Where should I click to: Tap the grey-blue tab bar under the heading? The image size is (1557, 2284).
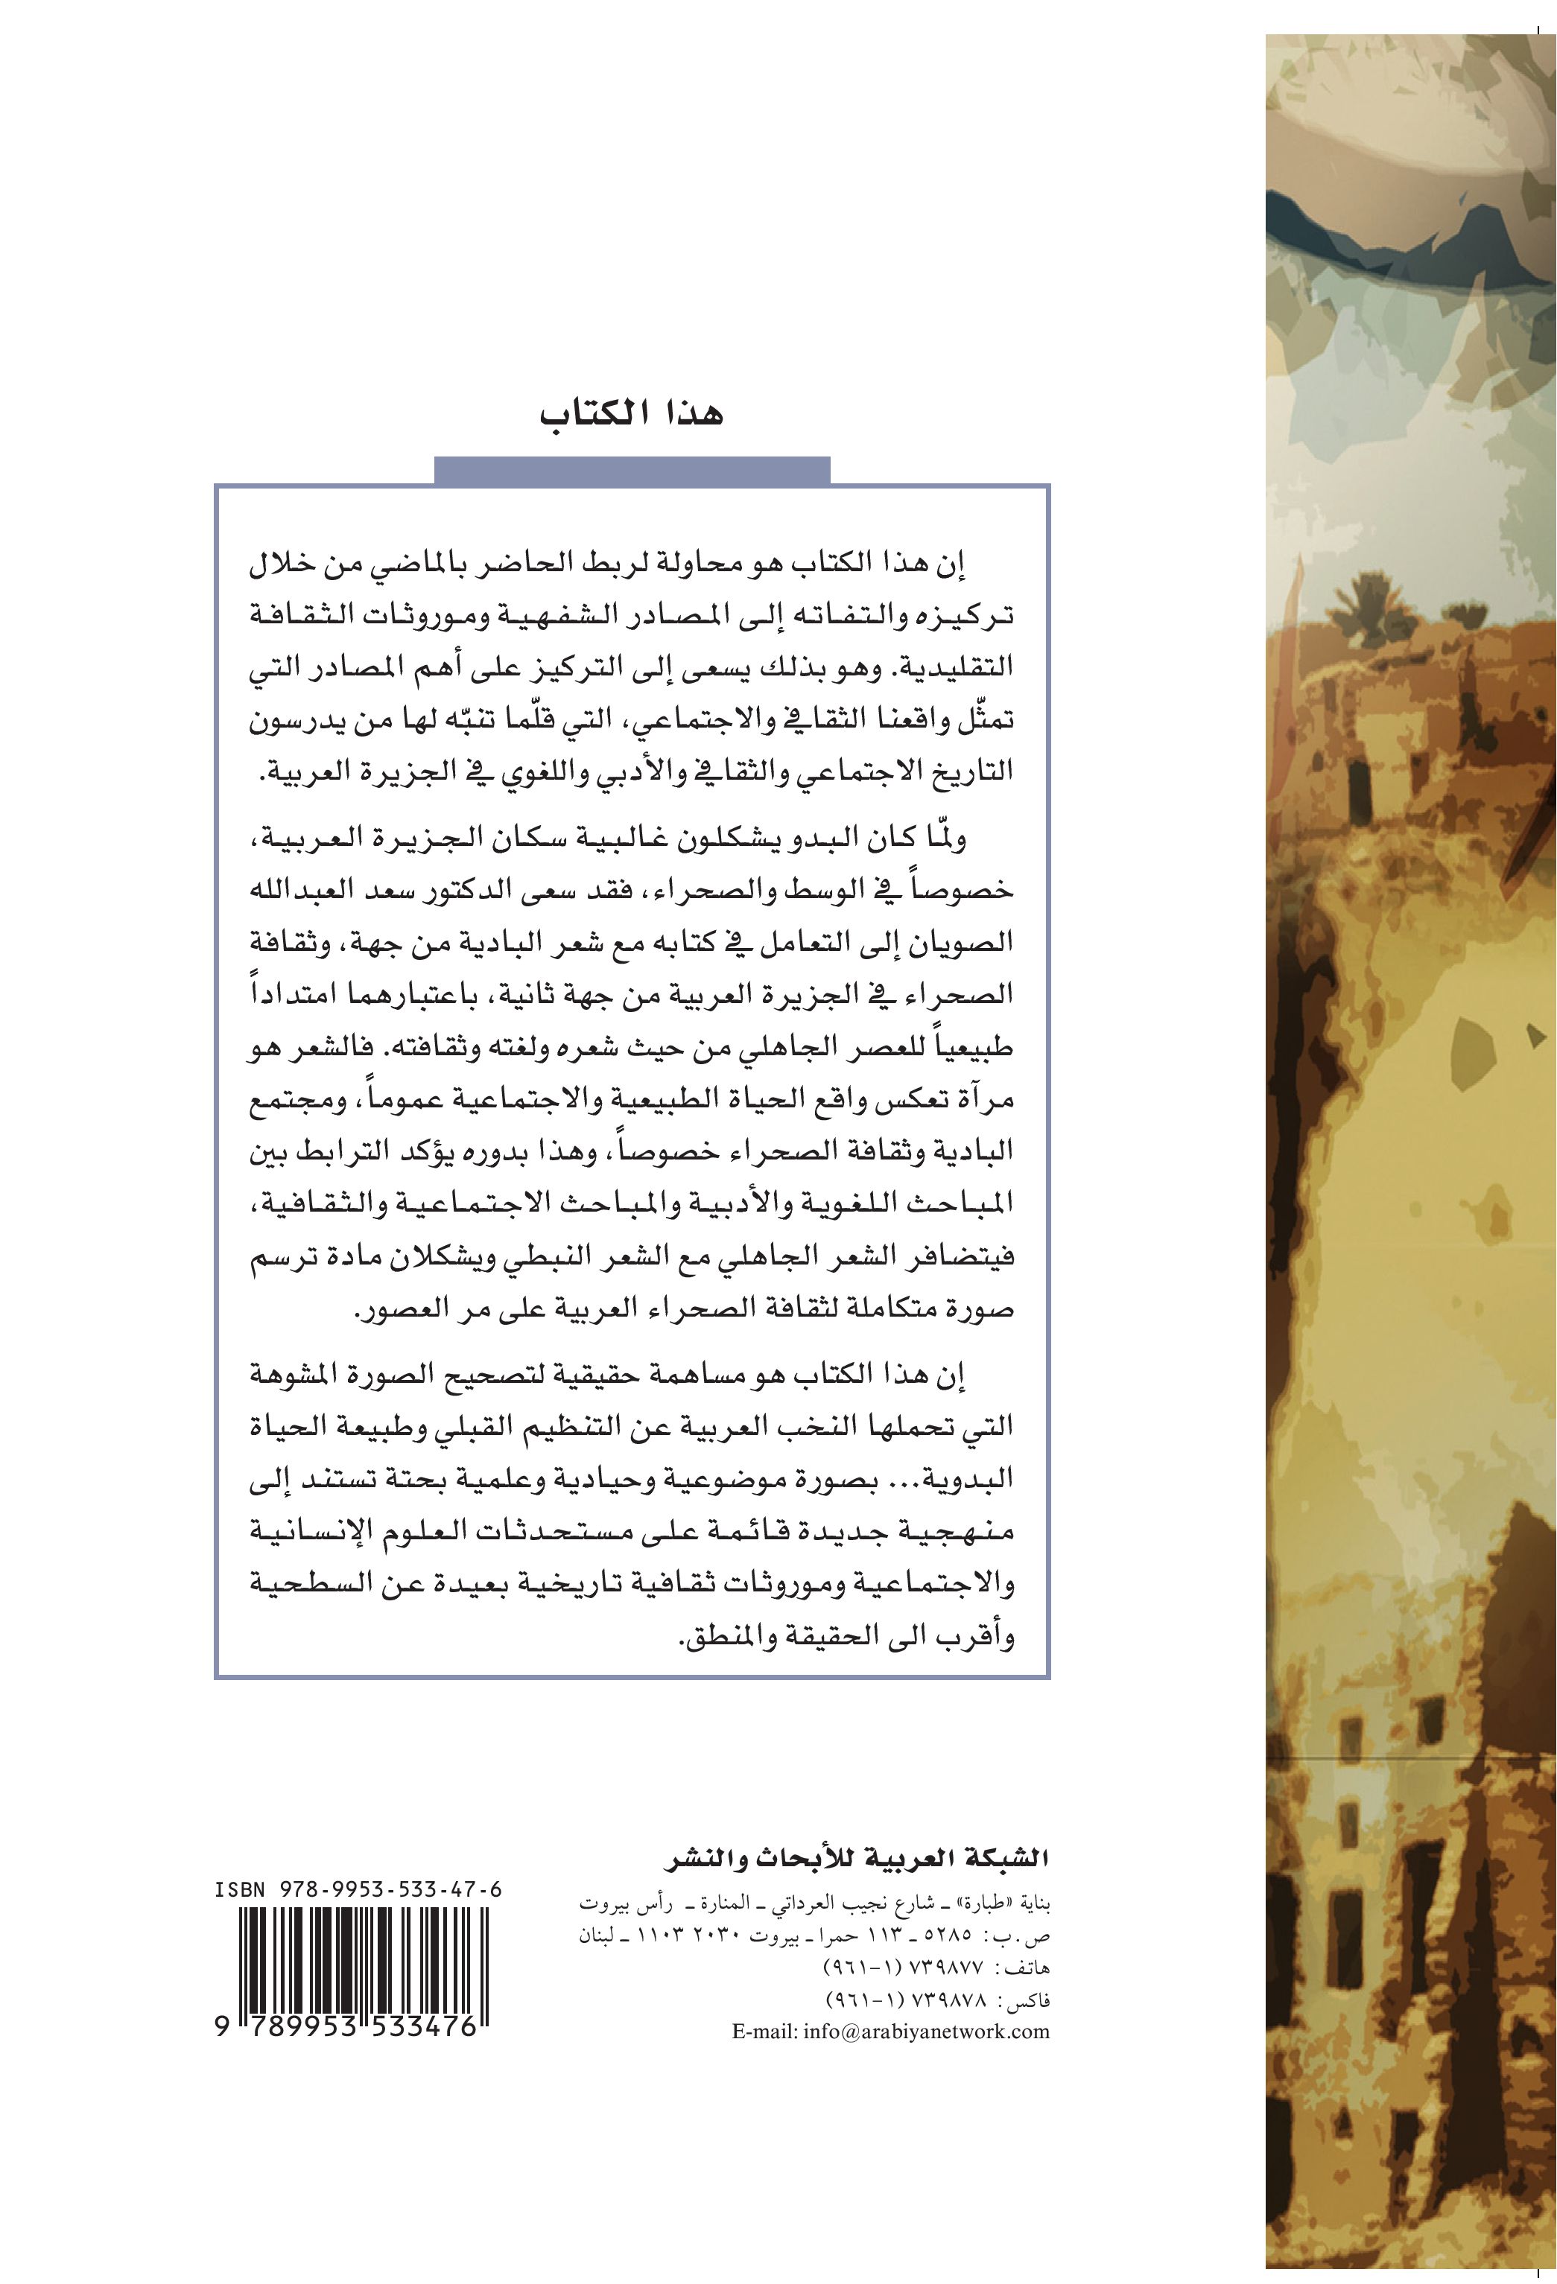(x=632, y=471)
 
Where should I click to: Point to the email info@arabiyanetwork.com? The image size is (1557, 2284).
(x=890, y=2032)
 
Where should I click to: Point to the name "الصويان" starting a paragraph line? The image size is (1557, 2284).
(x=976, y=943)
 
